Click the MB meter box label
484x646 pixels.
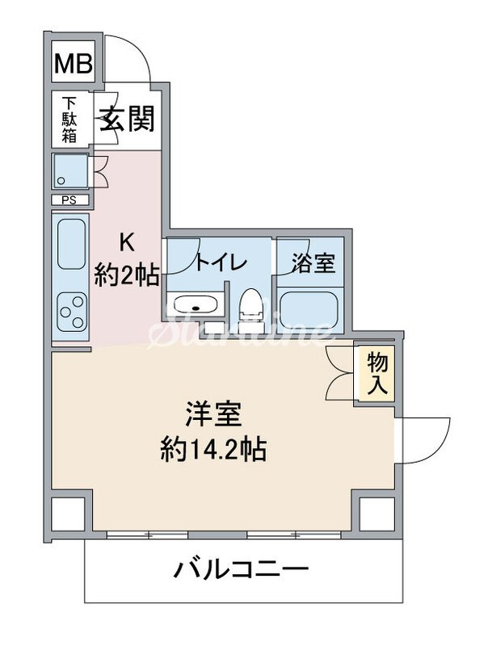[x=73, y=64]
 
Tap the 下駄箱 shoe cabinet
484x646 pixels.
[x=70, y=120]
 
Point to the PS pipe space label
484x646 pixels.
[x=69, y=199]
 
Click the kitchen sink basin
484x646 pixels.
[x=71, y=244]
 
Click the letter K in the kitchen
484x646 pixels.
[x=126, y=241]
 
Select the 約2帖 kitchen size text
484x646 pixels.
[x=126, y=275]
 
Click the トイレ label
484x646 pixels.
[x=221, y=262]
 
